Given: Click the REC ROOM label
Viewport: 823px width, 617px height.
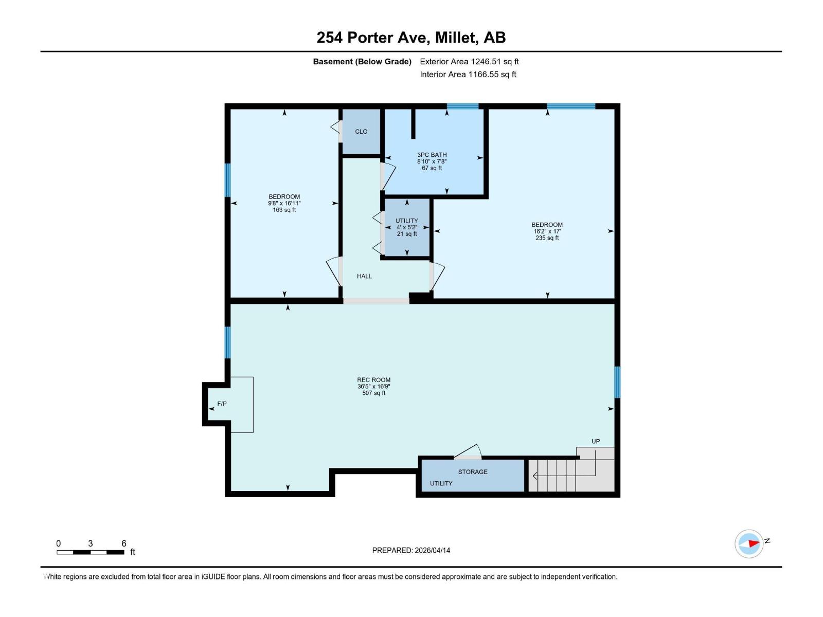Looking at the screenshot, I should [374, 380].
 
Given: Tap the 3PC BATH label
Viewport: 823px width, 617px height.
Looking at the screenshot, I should [432, 155].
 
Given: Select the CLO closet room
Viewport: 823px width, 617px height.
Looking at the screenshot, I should [361, 132].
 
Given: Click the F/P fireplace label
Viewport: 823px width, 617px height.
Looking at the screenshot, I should [222, 404].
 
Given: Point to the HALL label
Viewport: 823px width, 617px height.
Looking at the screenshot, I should [364, 276].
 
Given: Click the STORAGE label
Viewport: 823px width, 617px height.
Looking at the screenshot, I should [473, 471].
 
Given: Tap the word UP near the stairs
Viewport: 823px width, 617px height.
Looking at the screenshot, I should [596, 441].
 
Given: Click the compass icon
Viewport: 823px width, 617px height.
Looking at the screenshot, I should [748, 543].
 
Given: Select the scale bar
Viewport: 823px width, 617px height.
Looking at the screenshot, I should [91, 552].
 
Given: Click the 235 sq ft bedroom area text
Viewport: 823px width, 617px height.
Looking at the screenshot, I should [547, 238].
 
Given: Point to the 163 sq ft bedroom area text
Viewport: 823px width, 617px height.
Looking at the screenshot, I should [284, 210].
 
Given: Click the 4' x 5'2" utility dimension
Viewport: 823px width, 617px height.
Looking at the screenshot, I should [406, 227].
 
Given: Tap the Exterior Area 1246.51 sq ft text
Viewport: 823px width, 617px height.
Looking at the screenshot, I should [469, 62].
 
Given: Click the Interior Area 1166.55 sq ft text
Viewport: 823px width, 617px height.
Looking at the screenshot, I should [468, 75].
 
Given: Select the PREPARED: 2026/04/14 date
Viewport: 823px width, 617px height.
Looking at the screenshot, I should [411, 550].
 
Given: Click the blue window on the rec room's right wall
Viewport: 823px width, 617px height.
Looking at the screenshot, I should [617, 382].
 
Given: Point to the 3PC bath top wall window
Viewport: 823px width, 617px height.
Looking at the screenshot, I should [462, 106].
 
